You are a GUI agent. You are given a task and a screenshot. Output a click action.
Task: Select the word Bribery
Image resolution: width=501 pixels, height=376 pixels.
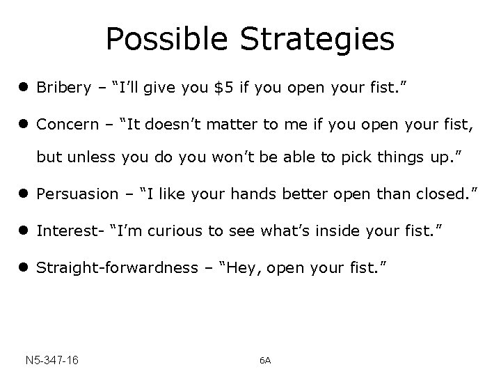63,88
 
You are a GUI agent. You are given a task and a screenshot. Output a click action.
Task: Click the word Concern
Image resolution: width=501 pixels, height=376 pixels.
67,125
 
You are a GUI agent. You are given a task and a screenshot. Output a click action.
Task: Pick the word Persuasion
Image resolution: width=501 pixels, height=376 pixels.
77,194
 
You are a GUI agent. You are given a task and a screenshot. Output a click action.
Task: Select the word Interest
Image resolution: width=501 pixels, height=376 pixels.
65,230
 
